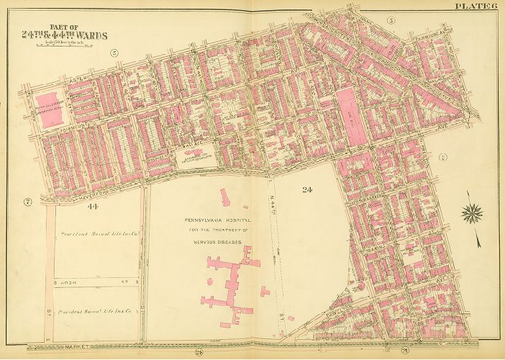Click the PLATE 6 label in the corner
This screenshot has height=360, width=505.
[x=476, y=6]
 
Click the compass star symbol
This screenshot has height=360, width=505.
[x=472, y=212]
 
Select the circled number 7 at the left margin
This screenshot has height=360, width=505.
[x=27, y=201]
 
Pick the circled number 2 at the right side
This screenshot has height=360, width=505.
[x=443, y=156]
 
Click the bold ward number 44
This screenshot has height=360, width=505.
[x=92, y=207]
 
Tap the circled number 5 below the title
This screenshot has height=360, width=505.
[x=114, y=53]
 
